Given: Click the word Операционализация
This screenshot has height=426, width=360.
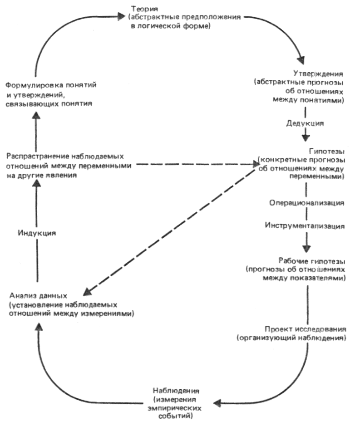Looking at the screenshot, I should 306,202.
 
